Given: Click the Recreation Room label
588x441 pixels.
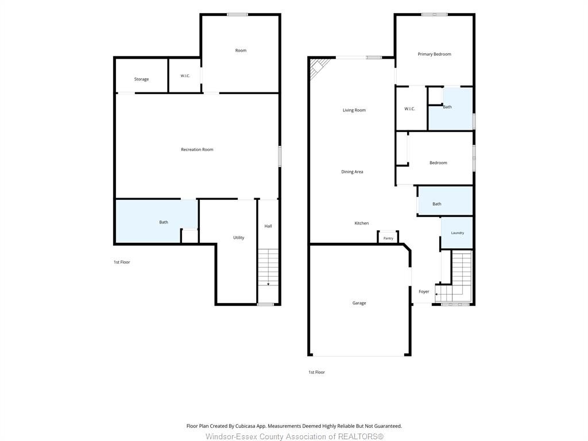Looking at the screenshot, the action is point(197,150).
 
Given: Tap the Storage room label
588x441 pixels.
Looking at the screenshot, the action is point(141,79).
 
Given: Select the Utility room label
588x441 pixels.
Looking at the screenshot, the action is point(238,237).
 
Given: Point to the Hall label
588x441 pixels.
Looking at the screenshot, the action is point(268,226).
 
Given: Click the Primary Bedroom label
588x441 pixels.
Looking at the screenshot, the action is point(434,54).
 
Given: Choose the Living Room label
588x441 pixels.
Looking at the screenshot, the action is point(354,110).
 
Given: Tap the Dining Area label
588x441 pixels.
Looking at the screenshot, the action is point(352,172).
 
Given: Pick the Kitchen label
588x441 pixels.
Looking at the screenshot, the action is point(362,223).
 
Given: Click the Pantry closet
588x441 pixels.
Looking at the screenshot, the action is point(388,237).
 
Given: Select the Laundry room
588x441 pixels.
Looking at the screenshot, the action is point(457,233).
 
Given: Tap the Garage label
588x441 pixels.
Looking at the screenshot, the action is point(359,303).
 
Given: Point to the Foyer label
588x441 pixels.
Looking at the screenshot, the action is point(424,291).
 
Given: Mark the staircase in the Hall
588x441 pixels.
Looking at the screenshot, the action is point(269,268).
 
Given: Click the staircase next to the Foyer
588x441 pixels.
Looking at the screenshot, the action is point(456,276).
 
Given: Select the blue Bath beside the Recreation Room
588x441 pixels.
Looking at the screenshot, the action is point(156,221).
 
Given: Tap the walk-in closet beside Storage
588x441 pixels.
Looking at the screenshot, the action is point(185,75).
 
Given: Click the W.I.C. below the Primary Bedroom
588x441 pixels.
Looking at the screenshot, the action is point(411,109).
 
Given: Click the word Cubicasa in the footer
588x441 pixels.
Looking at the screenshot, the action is point(246,426).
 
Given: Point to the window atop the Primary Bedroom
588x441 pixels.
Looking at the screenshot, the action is point(434,14).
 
